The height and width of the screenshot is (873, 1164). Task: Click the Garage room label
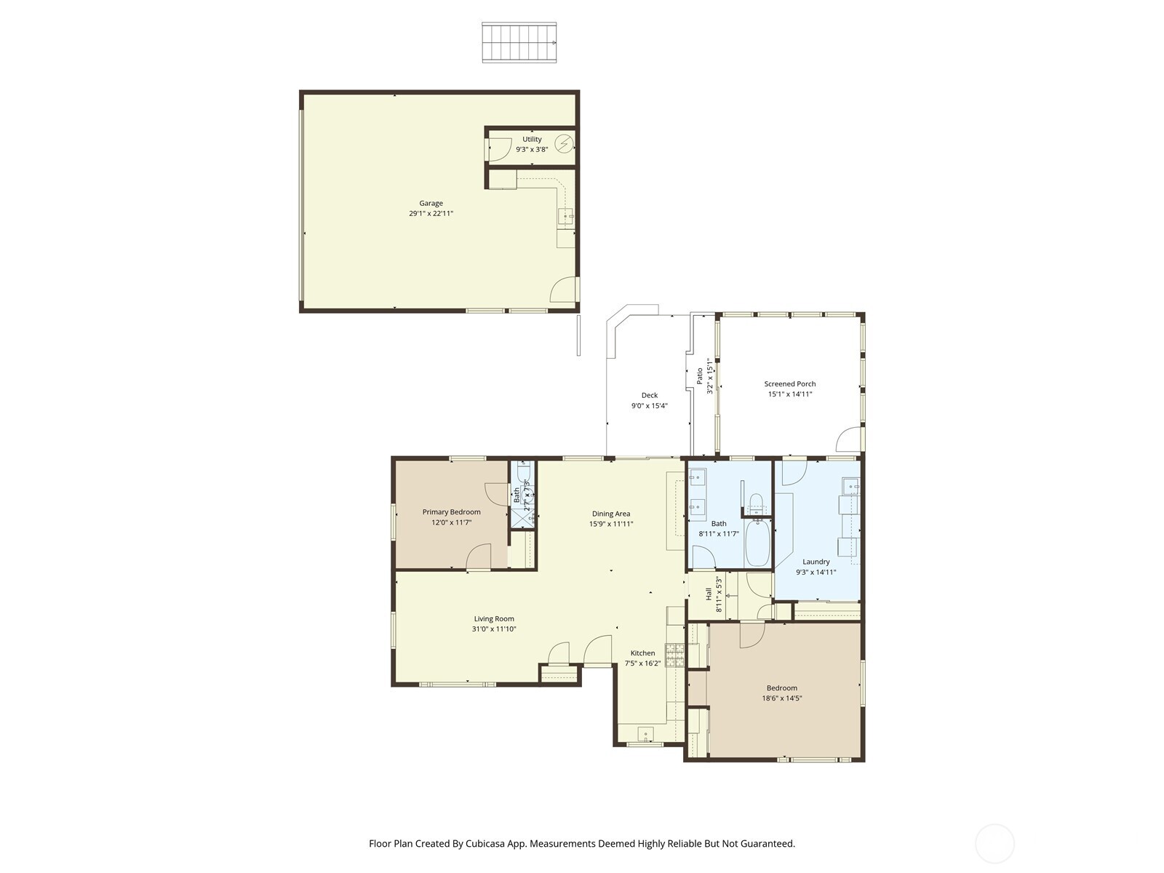point(431,204)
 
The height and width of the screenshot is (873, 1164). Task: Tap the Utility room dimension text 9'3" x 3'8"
point(531,149)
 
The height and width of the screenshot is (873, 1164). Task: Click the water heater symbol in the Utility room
point(564,143)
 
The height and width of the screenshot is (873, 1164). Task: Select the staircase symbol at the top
point(519,42)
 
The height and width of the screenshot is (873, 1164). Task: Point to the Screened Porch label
point(789,383)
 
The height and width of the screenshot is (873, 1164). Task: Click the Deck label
point(649,396)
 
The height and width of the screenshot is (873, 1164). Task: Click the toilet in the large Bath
point(756,502)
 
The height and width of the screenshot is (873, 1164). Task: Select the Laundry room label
point(816,562)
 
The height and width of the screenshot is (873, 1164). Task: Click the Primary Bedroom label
point(451,512)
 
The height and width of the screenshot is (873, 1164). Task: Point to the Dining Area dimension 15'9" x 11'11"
point(611,524)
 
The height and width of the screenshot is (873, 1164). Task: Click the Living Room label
point(494,619)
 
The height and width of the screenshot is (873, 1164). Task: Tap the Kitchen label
point(642,653)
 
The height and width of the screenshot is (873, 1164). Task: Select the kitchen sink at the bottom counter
point(645,733)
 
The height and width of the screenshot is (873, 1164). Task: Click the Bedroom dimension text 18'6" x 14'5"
point(781,698)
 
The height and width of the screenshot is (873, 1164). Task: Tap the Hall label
point(709,594)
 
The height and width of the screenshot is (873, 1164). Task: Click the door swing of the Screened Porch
point(849,439)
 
